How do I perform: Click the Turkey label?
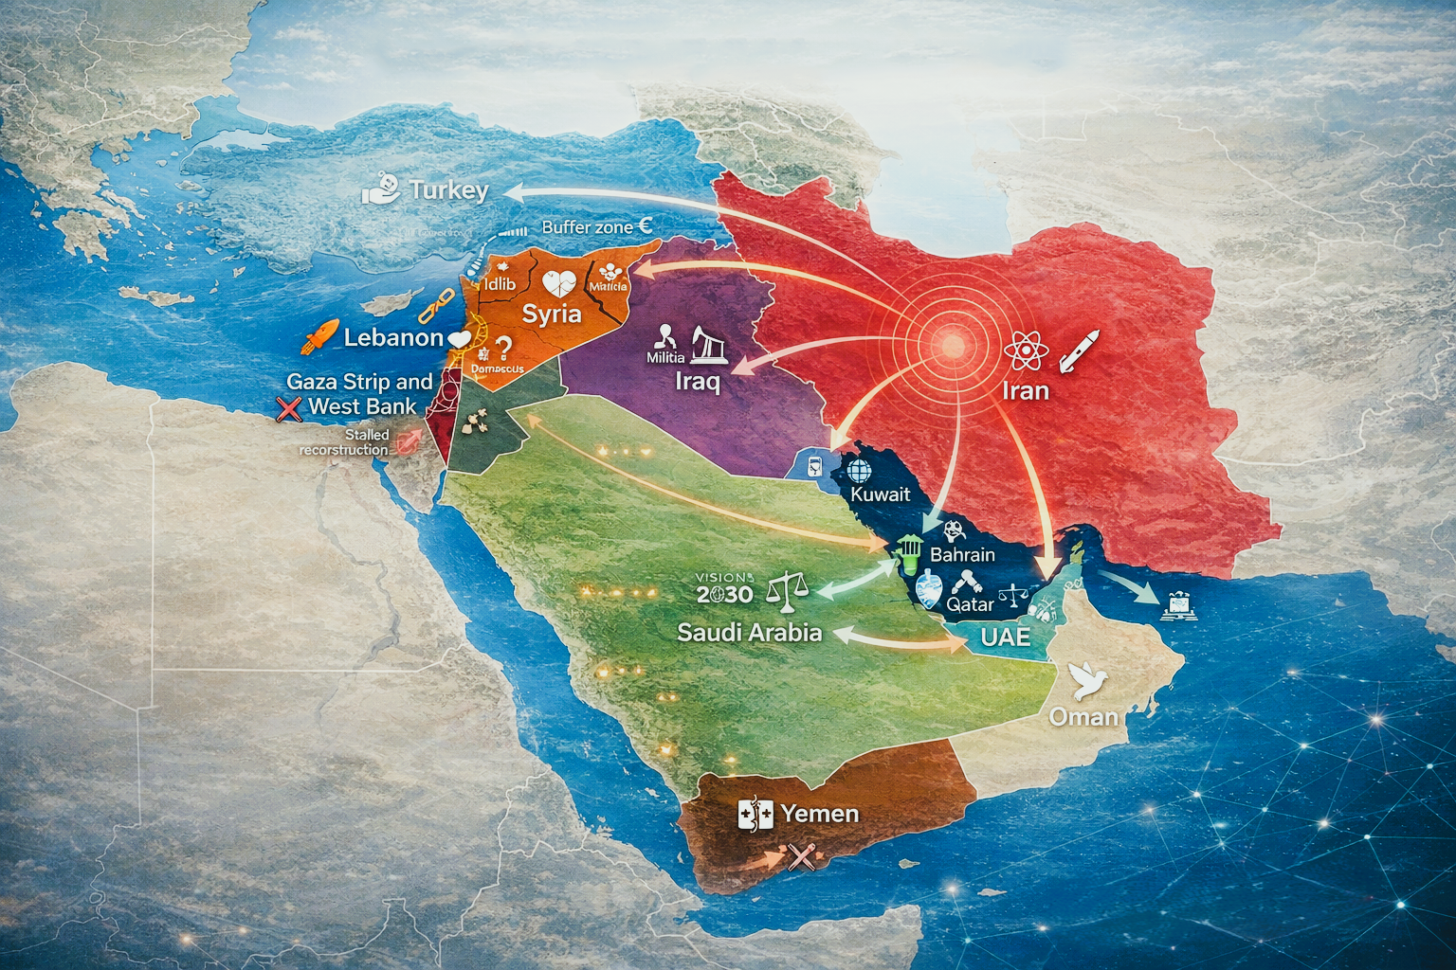click(x=448, y=190)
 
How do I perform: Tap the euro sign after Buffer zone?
click(x=645, y=226)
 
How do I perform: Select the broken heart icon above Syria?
click(x=555, y=281)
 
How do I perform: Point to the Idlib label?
click(x=500, y=283)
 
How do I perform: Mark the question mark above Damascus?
click(x=503, y=348)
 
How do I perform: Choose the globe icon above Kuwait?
click(x=859, y=471)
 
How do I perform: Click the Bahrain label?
click(x=962, y=555)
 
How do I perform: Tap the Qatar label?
click(x=971, y=603)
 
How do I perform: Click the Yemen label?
click(x=820, y=813)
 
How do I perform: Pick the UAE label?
click(x=1005, y=637)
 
